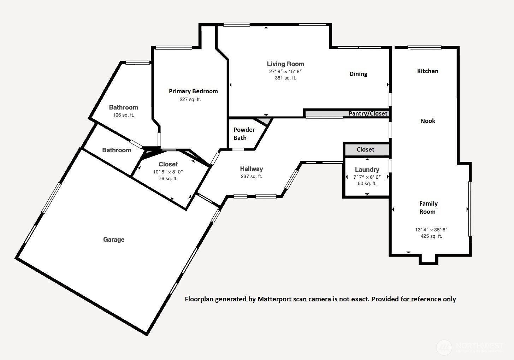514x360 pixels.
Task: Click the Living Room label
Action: coord(285,64)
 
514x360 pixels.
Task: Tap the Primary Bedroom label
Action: coord(193,91)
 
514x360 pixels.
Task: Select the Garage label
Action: coord(114,240)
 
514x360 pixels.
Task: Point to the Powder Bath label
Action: coord(244,134)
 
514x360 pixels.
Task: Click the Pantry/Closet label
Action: coord(368,113)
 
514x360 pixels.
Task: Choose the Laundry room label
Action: coord(367,170)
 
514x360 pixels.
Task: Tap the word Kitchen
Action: coord(428,71)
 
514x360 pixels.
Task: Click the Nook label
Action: coord(428,121)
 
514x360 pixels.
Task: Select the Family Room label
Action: coord(428,208)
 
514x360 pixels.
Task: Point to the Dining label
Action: coord(359,74)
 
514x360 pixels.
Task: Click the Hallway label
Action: coord(252,169)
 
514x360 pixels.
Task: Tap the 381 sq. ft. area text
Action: coord(285,78)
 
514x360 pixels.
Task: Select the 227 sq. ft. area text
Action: coord(190,99)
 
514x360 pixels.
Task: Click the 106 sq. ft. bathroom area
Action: coord(123,115)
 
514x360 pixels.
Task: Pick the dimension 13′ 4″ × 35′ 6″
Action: coord(431,230)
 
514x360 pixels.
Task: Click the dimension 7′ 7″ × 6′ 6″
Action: coord(367,177)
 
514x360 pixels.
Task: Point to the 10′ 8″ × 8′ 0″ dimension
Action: coord(168,172)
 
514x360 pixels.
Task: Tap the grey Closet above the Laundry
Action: coord(365,149)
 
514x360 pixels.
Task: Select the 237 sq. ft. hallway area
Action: coord(252,176)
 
